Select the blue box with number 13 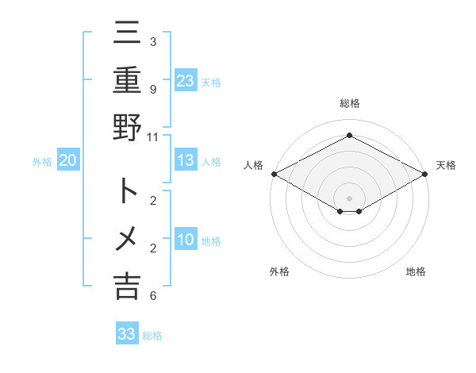[186, 161]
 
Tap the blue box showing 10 [186, 240]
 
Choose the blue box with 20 [68, 161]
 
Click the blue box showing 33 [127, 334]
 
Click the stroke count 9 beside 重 [152, 90]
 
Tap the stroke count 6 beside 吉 [152, 296]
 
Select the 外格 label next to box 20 [42, 162]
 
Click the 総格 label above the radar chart [349, 103]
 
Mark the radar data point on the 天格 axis [425, 174]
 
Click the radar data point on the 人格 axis [274, 174]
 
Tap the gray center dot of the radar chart [349, 197]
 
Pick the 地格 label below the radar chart [416, 271]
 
